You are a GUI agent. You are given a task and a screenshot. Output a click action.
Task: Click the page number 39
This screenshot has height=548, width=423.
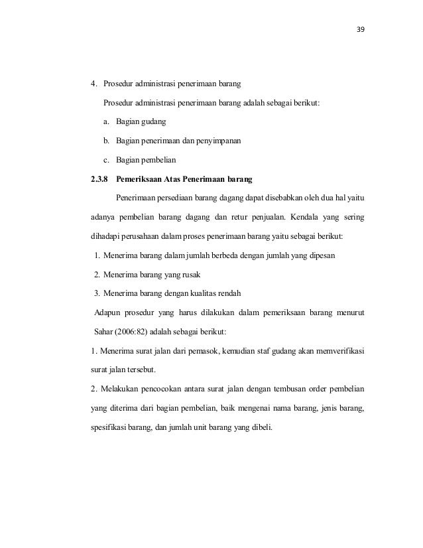point(362,30)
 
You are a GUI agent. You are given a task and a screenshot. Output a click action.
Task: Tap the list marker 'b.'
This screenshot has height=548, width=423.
point(106,141)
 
